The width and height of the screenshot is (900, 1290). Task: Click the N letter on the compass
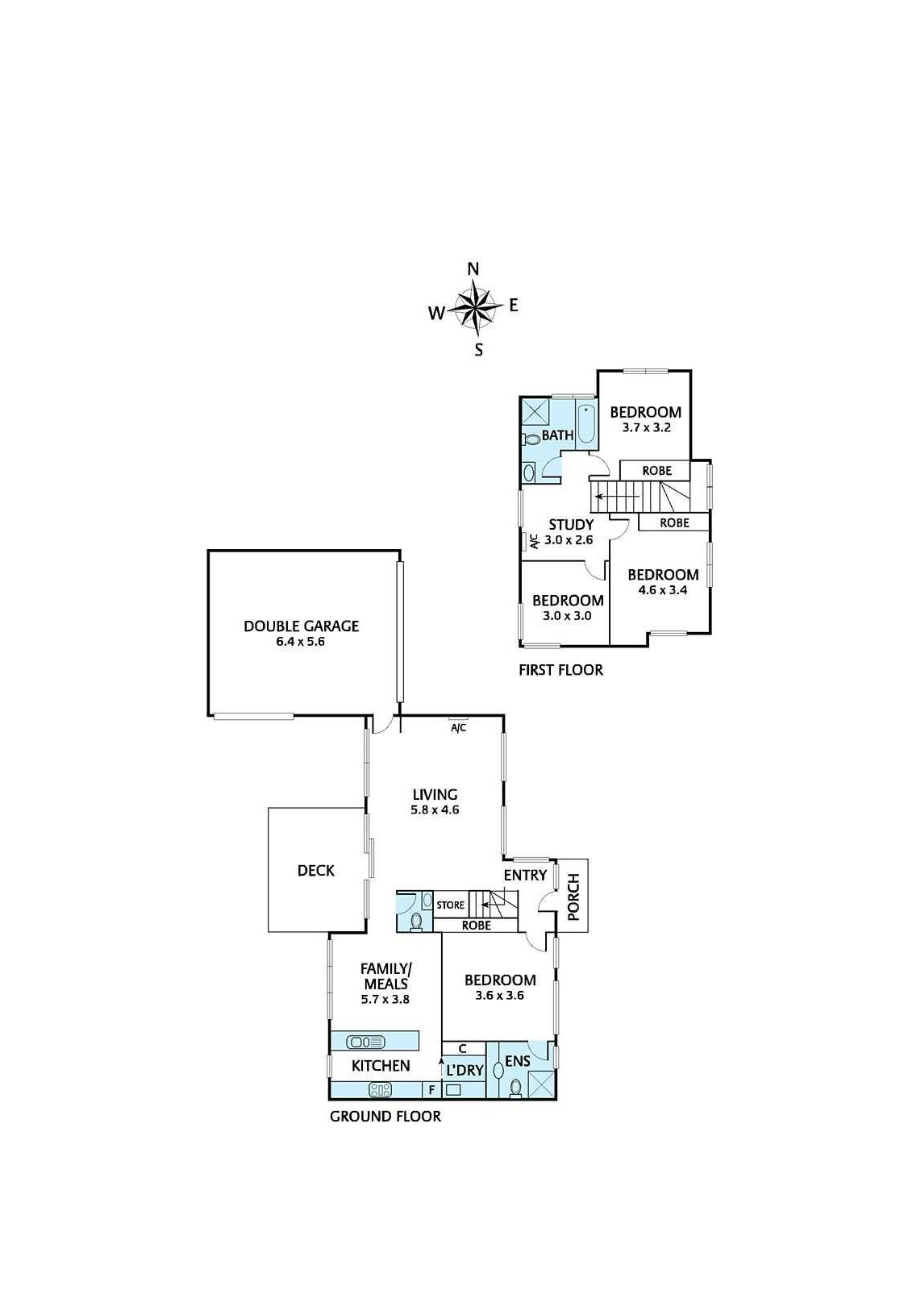pos(474,269)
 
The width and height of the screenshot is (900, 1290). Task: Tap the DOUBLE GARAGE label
pos(301,626)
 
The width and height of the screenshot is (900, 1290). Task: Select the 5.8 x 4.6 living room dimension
pos(435,809)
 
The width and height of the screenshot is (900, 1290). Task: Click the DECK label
pos(315,871)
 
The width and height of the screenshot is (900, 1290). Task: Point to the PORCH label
pos(573,897)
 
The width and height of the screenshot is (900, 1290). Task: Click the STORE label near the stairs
pos(450,905)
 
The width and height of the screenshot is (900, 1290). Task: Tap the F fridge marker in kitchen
pos(431,1090)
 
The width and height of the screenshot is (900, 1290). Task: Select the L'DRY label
pos(464,1071)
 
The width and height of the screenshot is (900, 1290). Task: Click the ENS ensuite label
pos(517,1061)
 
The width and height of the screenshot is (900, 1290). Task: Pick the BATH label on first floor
pos(557,435)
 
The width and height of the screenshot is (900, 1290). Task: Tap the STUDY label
pos(571,525)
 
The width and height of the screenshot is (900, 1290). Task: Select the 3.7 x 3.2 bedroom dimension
pos(646,428)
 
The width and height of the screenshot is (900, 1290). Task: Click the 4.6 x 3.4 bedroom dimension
pos(663,589)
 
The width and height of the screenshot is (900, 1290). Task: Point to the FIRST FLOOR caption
pos(560,670)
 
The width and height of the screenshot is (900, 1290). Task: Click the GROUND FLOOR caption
pos(385,1117)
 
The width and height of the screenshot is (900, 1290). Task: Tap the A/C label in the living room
pos(458,729)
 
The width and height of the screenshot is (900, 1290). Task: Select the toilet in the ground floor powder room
pos(417,920)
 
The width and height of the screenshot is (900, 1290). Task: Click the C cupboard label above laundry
pos(462,1049)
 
